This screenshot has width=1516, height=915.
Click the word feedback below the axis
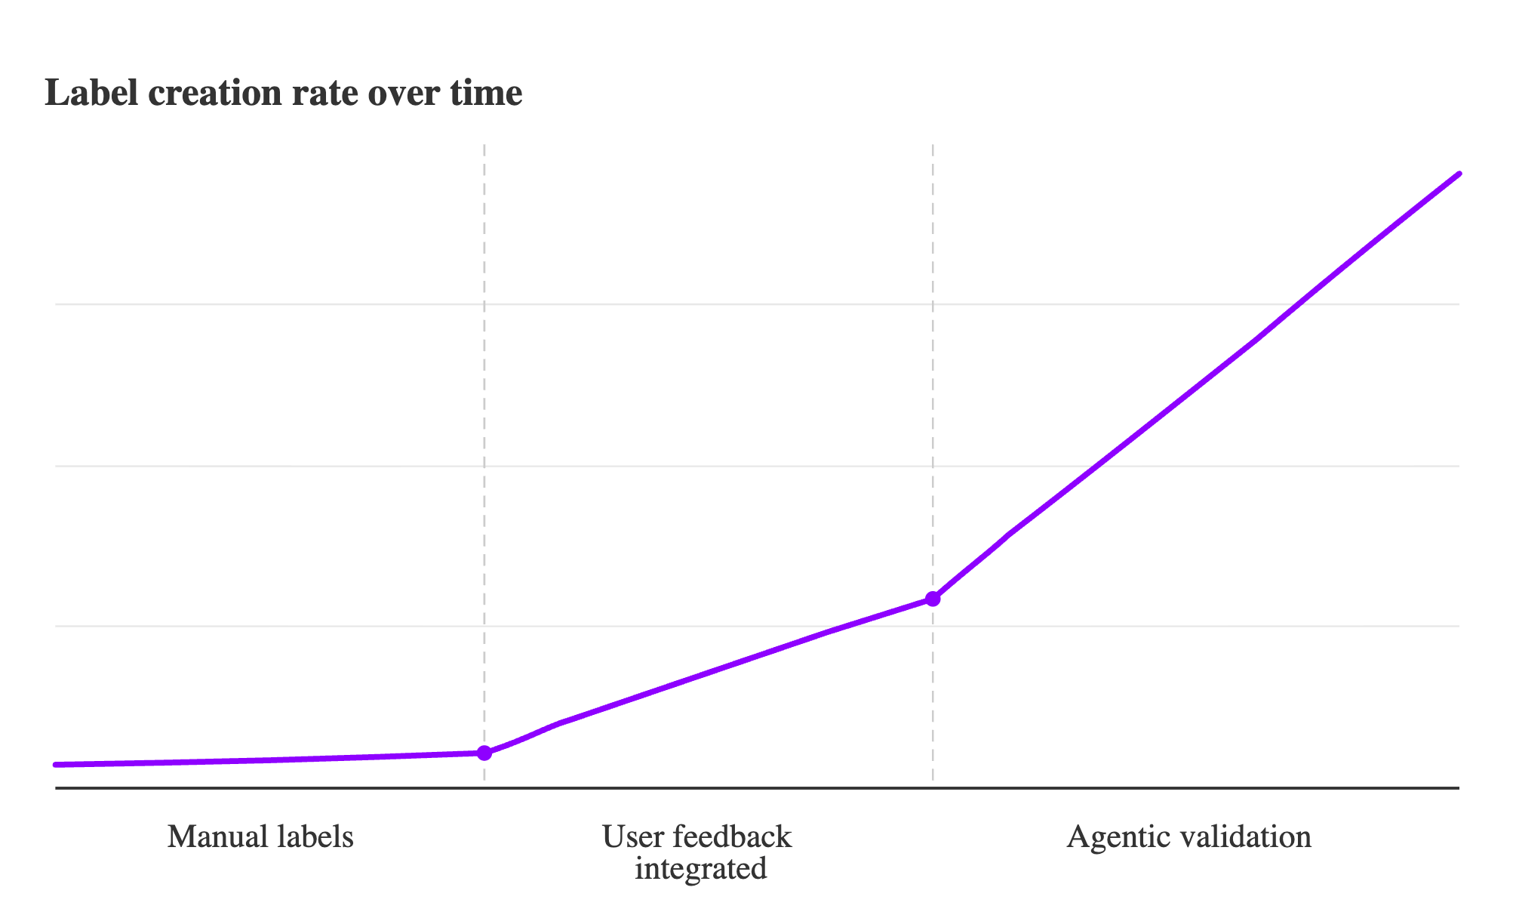click(730, 837)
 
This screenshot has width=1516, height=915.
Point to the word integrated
click(700, 869)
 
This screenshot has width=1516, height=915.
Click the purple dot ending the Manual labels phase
click(484, 753)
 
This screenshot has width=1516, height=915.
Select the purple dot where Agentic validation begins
click(933, 599)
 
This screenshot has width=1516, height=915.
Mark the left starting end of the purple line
click(57, 765)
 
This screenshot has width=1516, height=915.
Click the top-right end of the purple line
click(1459, 174)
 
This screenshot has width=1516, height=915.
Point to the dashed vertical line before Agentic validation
click(933, 377)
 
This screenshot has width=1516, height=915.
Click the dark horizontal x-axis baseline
click(755, 788)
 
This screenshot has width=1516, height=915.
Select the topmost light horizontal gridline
click(755, 304)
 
